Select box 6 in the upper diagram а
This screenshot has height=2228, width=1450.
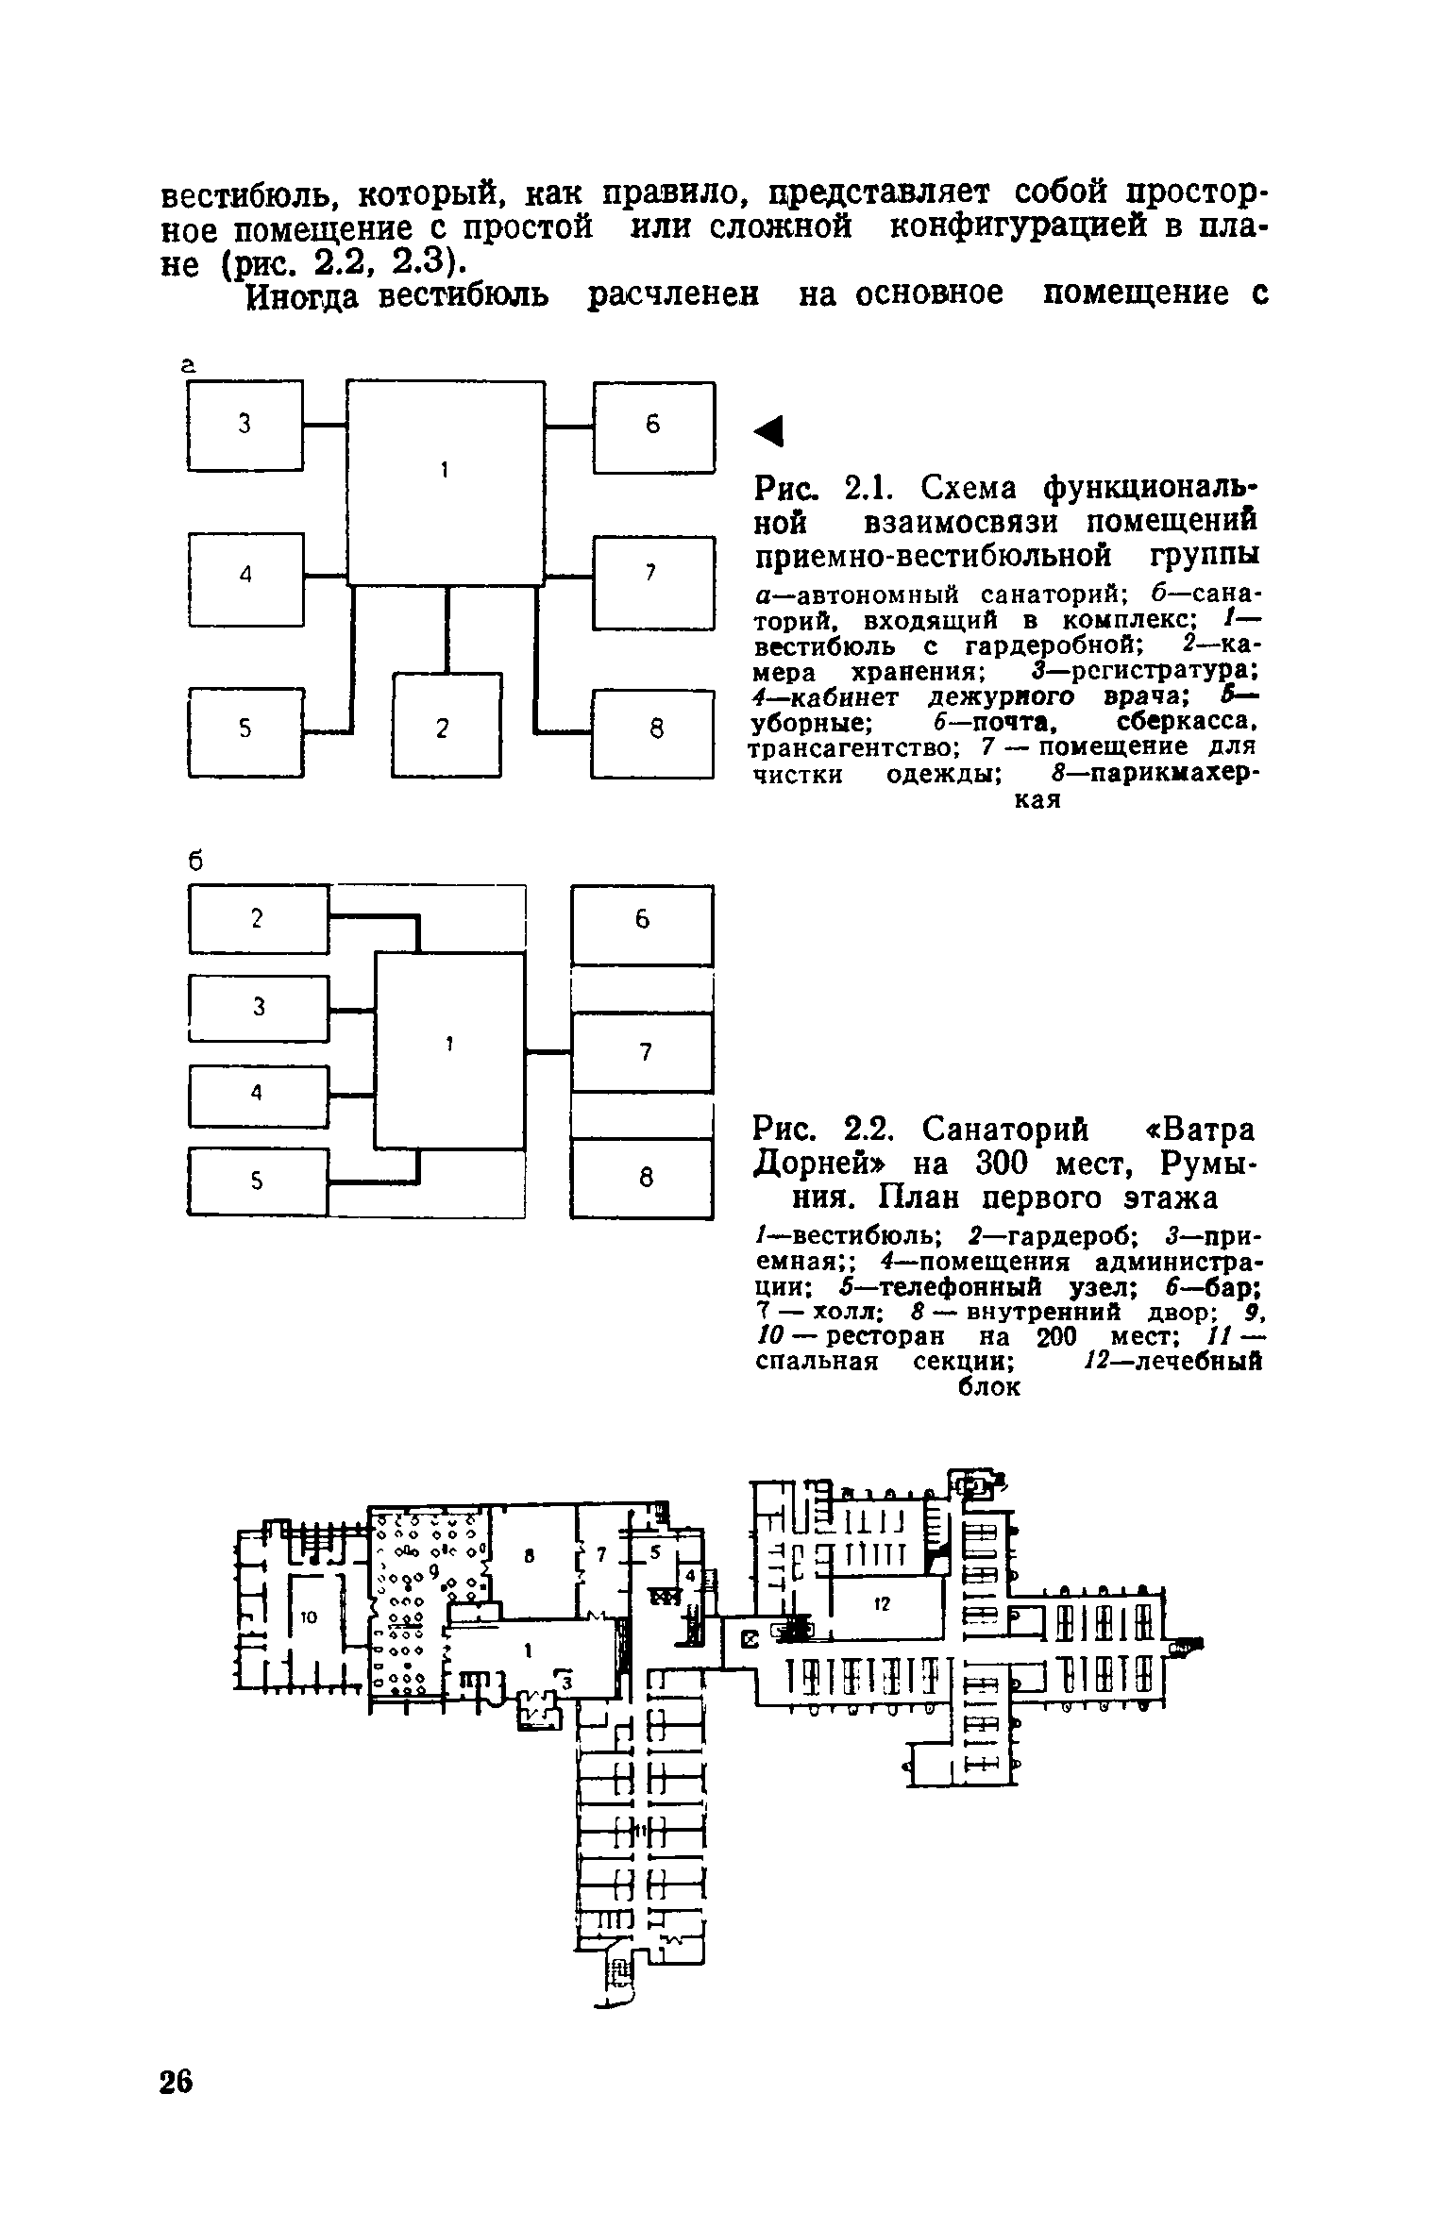(653, 426)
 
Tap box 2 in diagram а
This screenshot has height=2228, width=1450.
(446, 725)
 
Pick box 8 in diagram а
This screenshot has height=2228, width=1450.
(653, 730)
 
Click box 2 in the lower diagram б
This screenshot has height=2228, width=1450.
(258, 918)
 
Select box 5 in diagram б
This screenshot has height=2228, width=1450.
(258, 1180)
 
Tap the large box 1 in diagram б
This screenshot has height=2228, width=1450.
(450, 1050)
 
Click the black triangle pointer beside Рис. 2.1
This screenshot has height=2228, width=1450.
(770, 432)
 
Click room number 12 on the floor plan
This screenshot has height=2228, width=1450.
(882, 1602)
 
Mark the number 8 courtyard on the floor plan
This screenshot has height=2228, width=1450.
(531, 1560)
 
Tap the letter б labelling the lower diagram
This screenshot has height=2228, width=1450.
(196, 861)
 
